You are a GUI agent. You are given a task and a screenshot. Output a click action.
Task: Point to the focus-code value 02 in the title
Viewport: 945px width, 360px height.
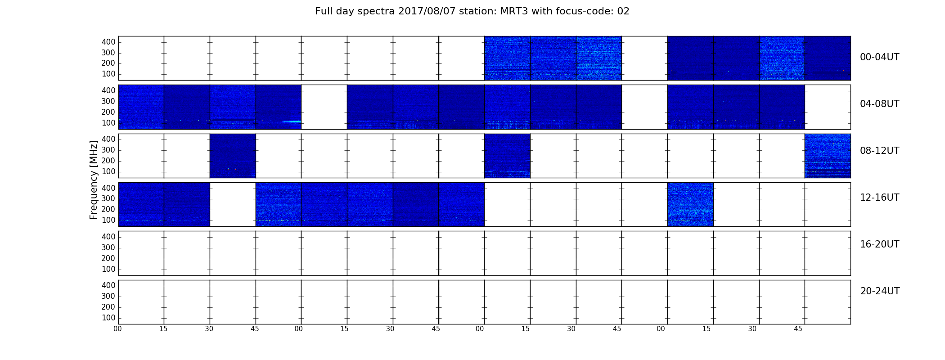point(623,11)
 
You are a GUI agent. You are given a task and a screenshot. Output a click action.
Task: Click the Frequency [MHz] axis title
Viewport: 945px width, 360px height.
point(94,180)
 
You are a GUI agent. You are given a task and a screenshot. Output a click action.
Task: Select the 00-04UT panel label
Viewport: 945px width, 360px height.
point(880,57)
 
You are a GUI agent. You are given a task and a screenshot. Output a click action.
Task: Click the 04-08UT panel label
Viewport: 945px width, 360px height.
point(880,104)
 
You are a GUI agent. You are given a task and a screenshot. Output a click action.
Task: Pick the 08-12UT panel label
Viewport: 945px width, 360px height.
point(880,151)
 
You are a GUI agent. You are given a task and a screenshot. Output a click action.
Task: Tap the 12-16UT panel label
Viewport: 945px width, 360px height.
point(880,198)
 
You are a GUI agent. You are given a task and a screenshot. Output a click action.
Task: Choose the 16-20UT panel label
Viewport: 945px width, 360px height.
point(880,244)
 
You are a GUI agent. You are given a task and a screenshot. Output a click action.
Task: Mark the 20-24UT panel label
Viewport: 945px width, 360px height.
point(880,291)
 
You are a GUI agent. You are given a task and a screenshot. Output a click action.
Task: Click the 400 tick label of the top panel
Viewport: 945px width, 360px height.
point(108,42)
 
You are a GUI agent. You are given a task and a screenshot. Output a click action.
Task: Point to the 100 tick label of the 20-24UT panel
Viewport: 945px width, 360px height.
point(108,318)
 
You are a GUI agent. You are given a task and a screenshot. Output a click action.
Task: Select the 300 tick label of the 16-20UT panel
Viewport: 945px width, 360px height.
point(108,247)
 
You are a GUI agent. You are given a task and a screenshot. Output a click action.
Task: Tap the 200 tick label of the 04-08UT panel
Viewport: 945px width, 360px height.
point(108,112)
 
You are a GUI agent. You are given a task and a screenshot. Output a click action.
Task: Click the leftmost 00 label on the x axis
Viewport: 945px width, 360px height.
point(117,329)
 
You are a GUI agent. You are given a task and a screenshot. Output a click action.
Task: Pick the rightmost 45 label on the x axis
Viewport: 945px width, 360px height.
point(798,329)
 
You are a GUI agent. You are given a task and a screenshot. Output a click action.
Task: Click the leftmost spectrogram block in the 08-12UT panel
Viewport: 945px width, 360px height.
point(233,156)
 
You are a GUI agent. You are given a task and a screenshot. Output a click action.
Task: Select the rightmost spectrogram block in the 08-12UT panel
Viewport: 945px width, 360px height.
point(828,156)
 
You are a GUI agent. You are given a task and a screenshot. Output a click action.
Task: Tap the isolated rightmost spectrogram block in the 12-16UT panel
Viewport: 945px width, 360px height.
point(690,204)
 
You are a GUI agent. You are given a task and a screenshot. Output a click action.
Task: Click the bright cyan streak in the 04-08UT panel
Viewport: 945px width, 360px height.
point(292,121)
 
